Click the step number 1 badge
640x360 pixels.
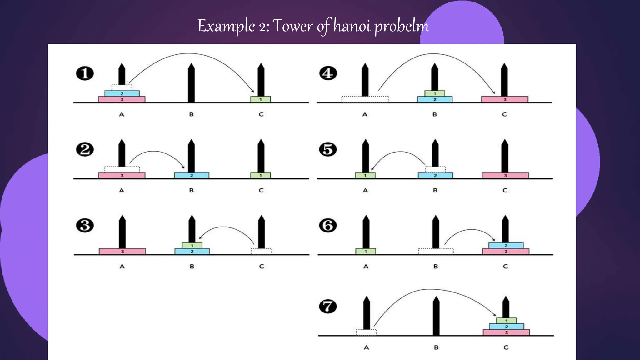[85, 74]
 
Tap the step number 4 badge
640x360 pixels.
[328, 74]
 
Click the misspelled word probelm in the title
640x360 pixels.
[402, 26]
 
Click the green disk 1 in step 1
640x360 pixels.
[261, 99]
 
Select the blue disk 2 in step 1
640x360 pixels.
[122, 93]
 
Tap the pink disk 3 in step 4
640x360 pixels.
[505, 99]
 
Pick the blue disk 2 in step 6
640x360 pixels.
[506, 246]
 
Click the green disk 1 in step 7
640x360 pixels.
[506, 321]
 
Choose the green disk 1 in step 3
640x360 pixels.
[192, 246]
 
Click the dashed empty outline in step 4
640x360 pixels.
[365, 99]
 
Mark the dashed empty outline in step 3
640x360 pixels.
[261, 251]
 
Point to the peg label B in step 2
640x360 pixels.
[192, 190]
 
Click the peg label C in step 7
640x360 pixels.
[506, 347]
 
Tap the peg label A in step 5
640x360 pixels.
[365, 190]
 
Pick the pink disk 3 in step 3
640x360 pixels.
[122, 252]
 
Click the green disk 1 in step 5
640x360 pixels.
[365, 175]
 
